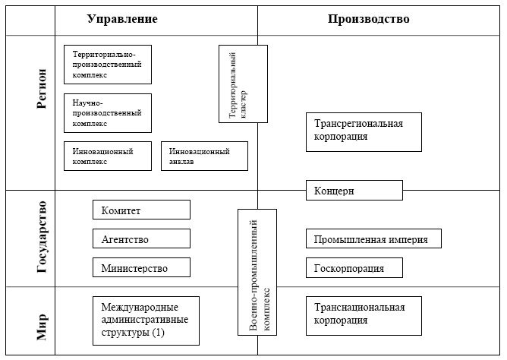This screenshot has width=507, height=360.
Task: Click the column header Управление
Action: (x=122, y=19)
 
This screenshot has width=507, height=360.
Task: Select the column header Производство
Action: (x=369, y=19)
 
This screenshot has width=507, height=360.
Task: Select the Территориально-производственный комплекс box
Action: (x=108, y=65)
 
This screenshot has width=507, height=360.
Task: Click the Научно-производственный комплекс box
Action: (x=108, y=112)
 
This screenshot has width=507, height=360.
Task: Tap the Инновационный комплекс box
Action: (x=108, y=156)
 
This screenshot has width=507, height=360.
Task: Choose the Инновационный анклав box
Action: (x=204, y=156)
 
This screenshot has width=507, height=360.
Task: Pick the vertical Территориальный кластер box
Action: (x=243, y=84)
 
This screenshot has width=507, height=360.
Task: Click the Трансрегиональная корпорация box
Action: (x=363, y=132)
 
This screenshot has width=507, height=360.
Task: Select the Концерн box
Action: (x=354, y=191)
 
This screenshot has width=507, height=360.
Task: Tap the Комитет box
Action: (x=141, y=210)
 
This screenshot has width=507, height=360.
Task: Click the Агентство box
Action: (x=141, y=239)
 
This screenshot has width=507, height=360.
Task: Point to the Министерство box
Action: (x=141, y=268)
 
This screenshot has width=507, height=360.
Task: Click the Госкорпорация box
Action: (x=354, y=268)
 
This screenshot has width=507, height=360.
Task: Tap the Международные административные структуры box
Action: (x=146, y=316)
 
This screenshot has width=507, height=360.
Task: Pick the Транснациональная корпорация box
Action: (x=363, y=316)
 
